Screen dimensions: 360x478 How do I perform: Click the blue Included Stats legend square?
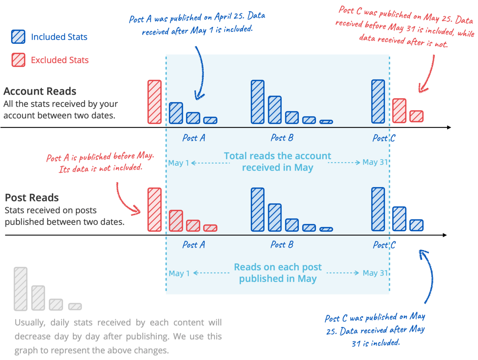[18, 37]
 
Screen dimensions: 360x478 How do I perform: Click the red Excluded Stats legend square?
[18, 60]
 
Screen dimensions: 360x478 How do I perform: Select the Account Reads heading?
[40, 91]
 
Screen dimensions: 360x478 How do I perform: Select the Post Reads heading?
[32, 198]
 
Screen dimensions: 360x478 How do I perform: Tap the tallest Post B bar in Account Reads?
[258, 102]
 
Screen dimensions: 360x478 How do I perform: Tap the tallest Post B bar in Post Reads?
[258, 209]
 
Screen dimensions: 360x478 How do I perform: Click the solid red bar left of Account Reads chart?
[154, 102]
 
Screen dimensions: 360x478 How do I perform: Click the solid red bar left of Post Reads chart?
[154, 209]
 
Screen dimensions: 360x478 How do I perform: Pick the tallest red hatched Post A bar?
[176, 220]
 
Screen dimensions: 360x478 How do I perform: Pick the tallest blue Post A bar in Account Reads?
[176, 113]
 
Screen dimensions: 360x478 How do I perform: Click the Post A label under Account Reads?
[194, 138]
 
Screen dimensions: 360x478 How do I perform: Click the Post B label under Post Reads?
[282, 245]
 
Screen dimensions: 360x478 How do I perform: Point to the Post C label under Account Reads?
[383, 138]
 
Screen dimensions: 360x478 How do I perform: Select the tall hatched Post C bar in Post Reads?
[378, 209]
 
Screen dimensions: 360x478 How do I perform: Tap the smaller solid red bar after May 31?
[416, 116]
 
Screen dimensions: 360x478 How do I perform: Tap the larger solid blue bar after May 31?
[399, 219]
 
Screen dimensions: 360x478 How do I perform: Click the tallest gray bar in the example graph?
[21, 289]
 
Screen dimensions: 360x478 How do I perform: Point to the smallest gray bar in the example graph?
[75, 306]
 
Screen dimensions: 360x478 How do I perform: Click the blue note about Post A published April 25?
[197, 24]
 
